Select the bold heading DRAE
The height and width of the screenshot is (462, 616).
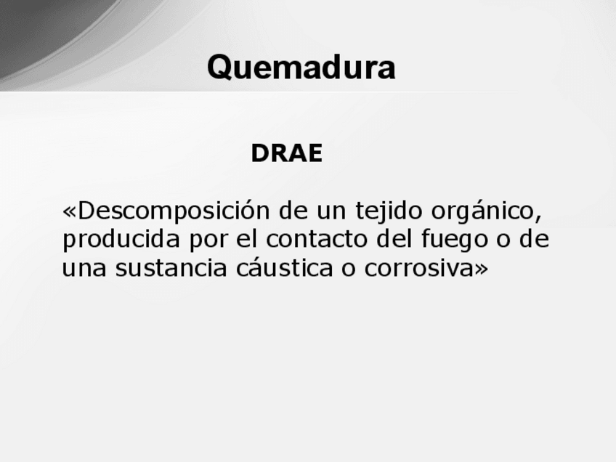(287, 153)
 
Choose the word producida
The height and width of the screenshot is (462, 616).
(121, 239)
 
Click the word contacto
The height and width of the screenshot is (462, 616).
(317, 239)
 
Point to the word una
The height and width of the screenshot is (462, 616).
(84, 269)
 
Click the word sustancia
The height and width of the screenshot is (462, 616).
(171, 268)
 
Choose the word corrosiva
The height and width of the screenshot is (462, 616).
(419, 268)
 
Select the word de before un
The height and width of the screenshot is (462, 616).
(293, 211)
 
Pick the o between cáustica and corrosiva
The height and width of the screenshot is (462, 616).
(349, 269)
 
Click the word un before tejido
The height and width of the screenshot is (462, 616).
(331, 213)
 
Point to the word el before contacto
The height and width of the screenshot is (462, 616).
(247, 239)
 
